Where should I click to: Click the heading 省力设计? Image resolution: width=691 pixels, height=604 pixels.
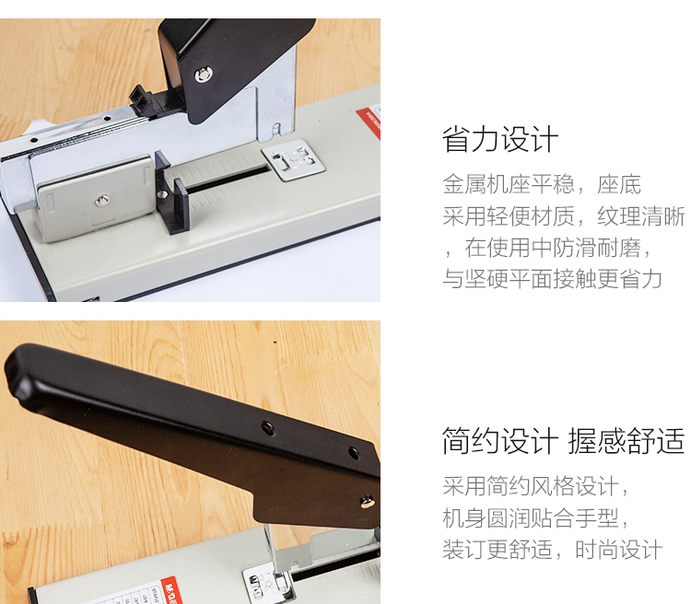click(x=500, y=140)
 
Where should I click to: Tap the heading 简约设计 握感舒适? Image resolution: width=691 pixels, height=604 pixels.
click(x=563, y=440)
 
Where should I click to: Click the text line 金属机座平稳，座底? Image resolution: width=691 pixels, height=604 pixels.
click(x=542, y=184)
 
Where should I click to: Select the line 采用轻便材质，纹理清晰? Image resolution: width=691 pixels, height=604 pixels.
click(x=564, y=216)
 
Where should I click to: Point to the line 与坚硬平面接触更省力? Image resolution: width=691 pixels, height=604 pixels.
click(x=552, y=279)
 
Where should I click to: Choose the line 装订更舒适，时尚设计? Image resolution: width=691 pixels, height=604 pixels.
click(x=552, y=550)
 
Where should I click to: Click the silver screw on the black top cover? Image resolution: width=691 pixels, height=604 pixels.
click(x=204, y=75)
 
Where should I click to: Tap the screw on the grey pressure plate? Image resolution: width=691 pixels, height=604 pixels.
click(x=101, y=201)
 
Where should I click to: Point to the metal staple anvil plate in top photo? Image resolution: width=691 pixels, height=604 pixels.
click(x=293, y=159)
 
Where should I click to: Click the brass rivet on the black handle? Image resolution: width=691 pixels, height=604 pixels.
click(x=367, y=502)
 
